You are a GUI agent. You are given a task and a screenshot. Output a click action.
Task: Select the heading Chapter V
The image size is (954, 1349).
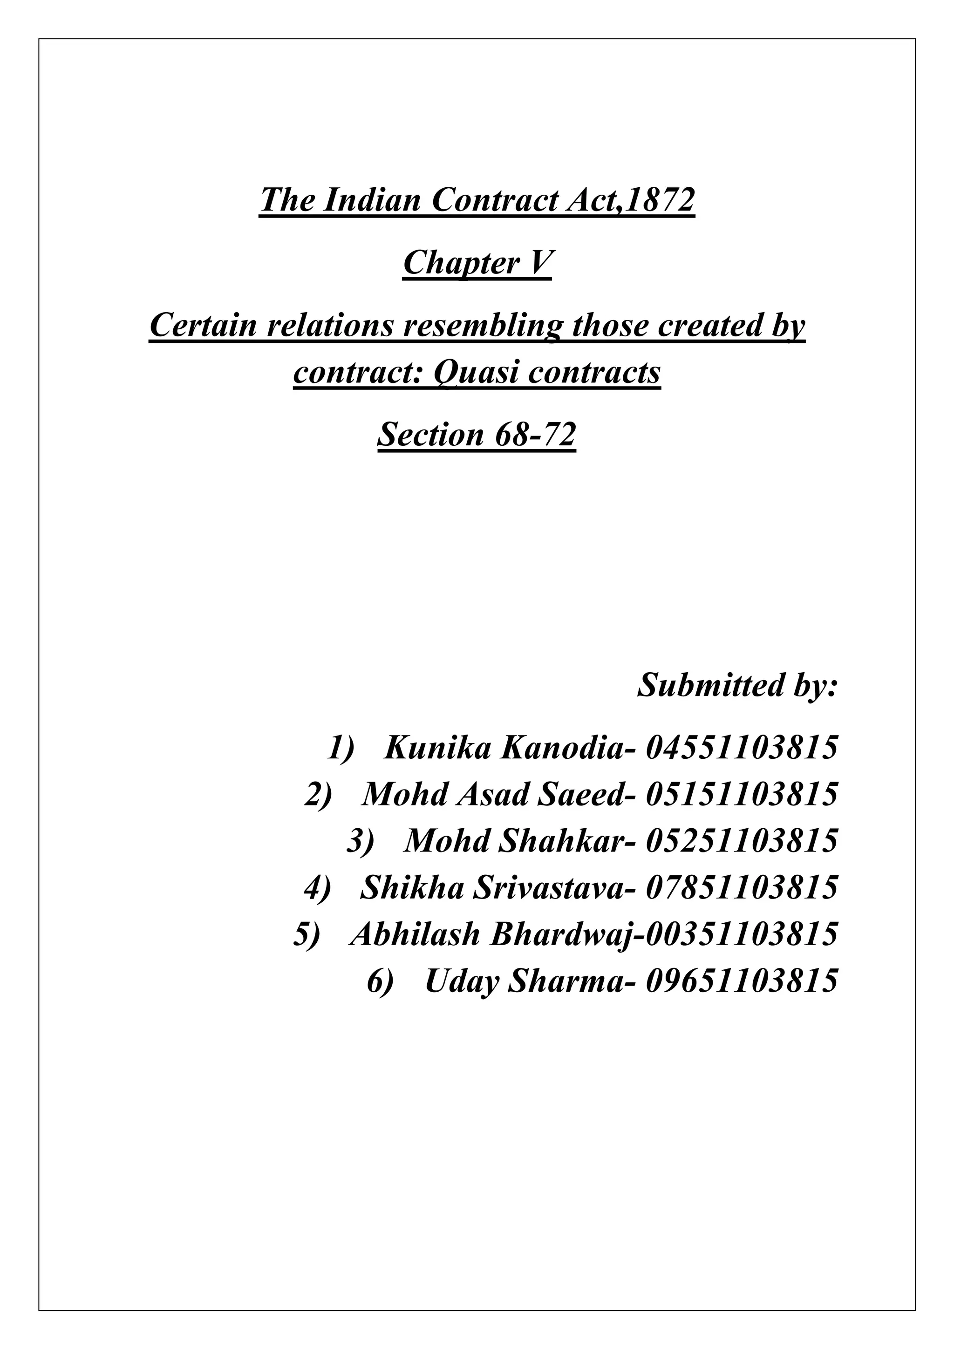pos(477,263)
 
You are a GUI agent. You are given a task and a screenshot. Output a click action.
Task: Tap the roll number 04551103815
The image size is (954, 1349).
pos(741,748)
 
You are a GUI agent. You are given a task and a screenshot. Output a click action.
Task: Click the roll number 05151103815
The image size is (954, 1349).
pos(741,794)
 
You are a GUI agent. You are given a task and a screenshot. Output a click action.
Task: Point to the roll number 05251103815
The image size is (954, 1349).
pos(741,841)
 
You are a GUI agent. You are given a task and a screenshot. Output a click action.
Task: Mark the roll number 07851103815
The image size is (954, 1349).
pos(741,887)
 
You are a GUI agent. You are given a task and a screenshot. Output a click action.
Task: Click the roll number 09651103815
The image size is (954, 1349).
pos(741,981)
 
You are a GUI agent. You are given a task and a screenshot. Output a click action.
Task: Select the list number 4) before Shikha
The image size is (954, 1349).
pos(318,887)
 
